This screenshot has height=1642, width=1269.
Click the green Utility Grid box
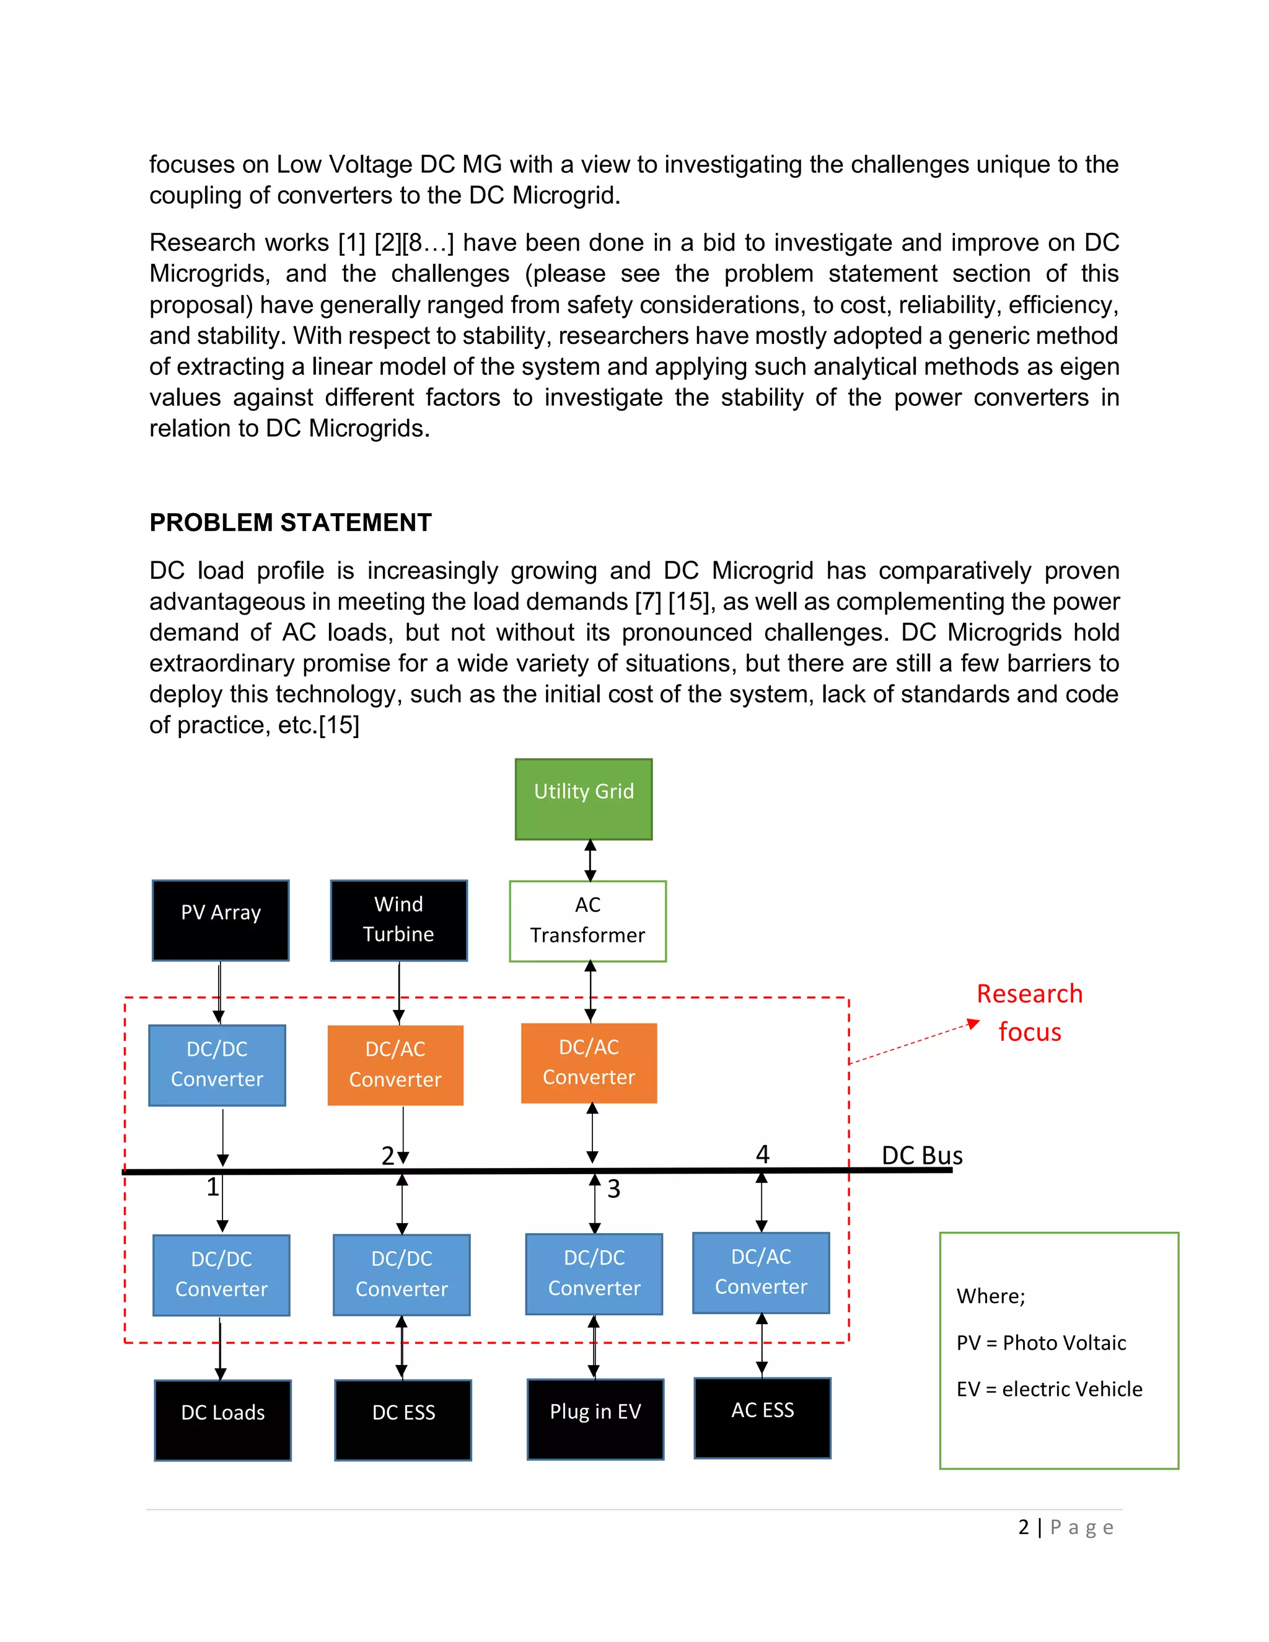pyautogui.click(x=583, y=799)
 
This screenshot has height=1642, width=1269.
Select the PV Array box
pyautogui.click(x=220, y=920)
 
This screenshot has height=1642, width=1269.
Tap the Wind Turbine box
pyautogui.click(x=398, y=920)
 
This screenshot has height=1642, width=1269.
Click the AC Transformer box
pyautogui.click(x=587, y=921)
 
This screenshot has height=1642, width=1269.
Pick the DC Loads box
pyautogui.click(x=222, y=1420)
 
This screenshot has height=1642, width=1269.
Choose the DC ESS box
pyautogui.click(x=403, y=1420)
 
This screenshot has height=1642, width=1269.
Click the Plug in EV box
pyautogui.click(x=595, y=1419)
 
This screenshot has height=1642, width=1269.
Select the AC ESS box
pyautogui.click(x=762, y=1417)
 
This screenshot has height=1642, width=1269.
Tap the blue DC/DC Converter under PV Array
pyautogui.click(x=217, y=1065)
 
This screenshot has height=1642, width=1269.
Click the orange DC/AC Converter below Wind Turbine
pyautogui.click(x=395, y=1065)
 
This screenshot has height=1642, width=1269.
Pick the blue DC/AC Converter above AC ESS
pyautogui.click(x=761, y=1272)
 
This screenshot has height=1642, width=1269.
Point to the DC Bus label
pyautogui.click(x=921, y=1155)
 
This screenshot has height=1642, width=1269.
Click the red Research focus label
pyautogui.click(x=1029, y=1012)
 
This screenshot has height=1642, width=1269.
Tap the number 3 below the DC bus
pyautogui.click(x=613, y=1188)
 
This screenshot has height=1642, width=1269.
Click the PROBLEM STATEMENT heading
pyautogui.click(x=291, y=522)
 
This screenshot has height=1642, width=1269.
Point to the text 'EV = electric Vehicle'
pyautogui.click(x=1050, y=1389)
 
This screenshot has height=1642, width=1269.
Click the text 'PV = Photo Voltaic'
pyautogui.click(x=1041, y=1343)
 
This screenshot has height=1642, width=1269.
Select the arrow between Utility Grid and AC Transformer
pyautogui.click(x=590, y=860)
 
